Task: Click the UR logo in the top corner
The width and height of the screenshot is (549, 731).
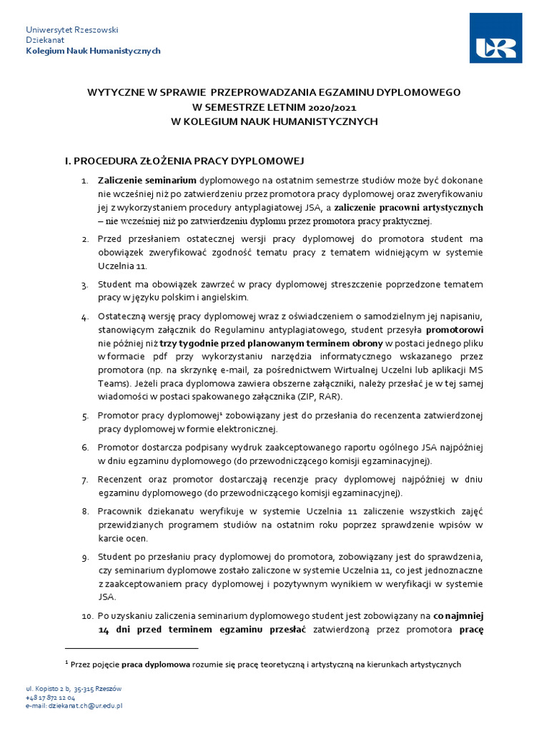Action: tap(495, 39)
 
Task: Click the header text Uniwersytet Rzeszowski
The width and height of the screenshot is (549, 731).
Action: tap(71, 29)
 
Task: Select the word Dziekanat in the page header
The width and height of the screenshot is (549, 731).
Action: tap(44, 40)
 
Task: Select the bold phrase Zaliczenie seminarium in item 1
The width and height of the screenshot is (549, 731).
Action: tap(147, 181)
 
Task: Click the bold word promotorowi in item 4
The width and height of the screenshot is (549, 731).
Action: tap(455, 331)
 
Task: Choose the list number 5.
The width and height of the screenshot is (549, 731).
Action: tap(84, 415)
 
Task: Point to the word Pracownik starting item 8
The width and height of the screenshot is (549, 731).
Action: tap(122, 512)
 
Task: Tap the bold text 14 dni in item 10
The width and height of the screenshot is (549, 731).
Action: tap(114, 629)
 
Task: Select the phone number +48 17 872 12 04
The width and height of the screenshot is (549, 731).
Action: tap(50, 697)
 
